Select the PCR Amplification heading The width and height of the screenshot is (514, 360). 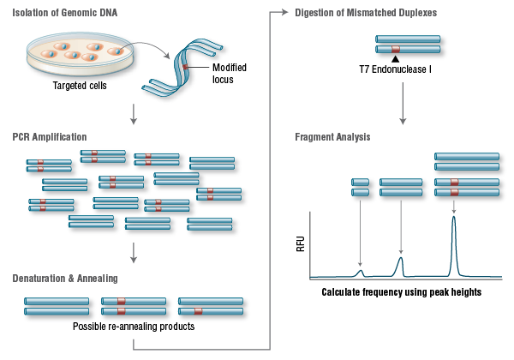tap(49, 136)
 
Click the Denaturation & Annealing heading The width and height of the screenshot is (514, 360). tap(64, 278)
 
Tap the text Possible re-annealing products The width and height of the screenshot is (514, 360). tap(134, 327)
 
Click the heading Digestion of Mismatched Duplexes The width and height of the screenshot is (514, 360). tap(365, 13)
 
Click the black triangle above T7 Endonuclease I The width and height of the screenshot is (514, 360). tap(395, 57)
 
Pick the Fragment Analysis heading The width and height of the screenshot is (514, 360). tap(333, 136)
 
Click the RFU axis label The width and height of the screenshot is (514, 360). tap(301, 246)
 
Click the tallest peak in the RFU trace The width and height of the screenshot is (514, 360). tap(453, 221)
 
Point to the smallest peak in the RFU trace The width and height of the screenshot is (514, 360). tap(361, 273)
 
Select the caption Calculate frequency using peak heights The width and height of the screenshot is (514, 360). tap(402, 292)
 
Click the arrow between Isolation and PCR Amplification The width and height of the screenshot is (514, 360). tap(134, 112)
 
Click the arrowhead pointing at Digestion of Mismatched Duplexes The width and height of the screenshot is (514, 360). tap(285, 13)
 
